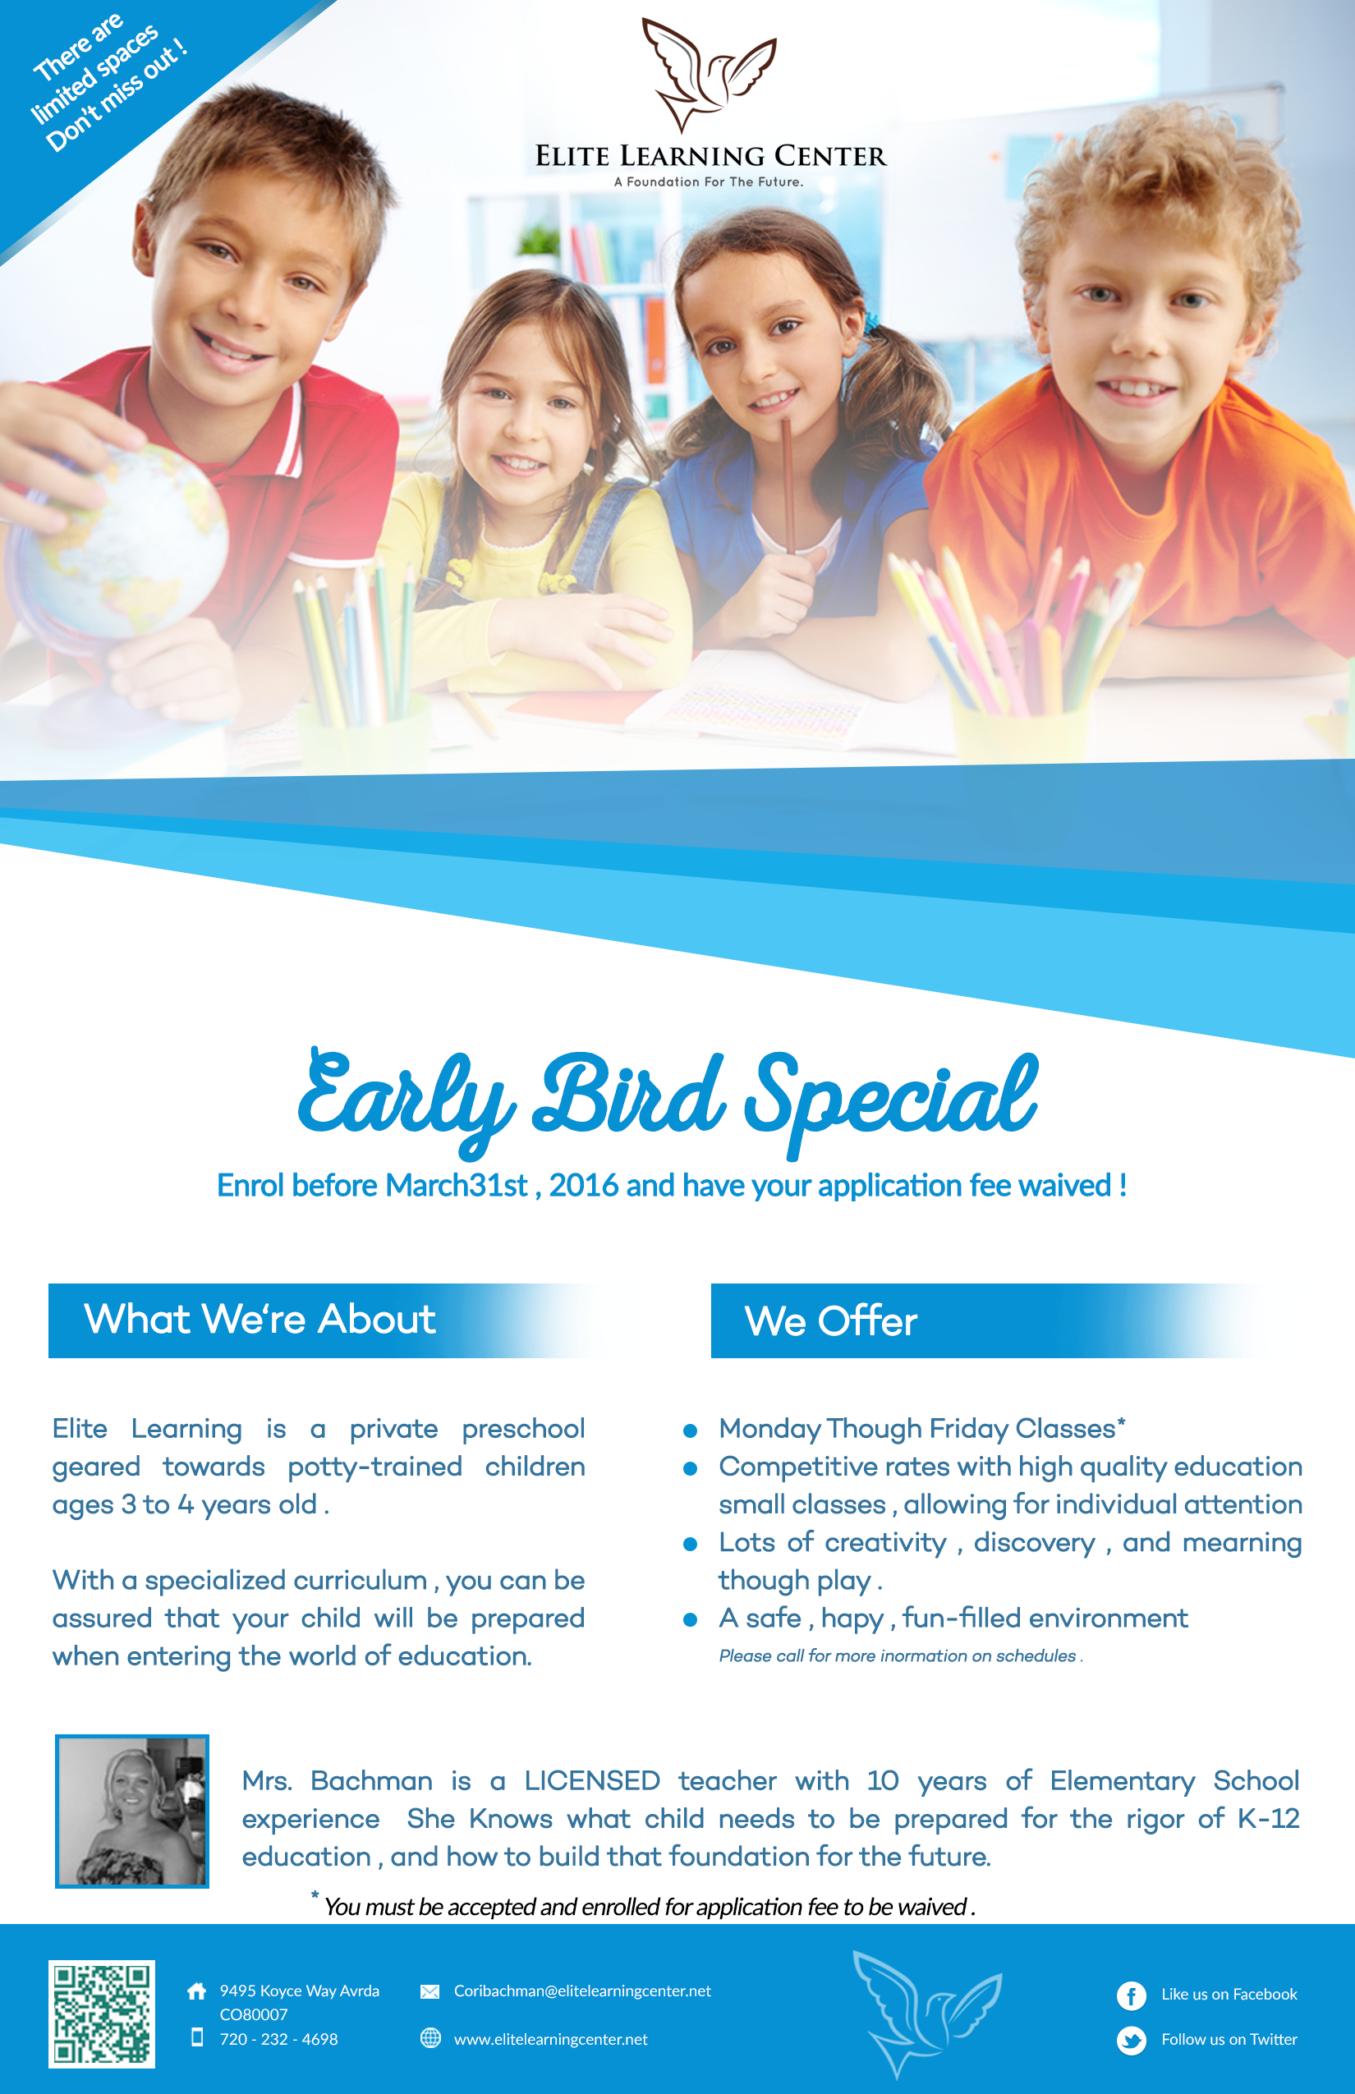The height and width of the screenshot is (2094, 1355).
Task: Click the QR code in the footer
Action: [101, 2013]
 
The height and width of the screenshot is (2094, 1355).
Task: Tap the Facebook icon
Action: [1131, 1995]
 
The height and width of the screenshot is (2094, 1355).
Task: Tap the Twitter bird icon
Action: [1131, 2040]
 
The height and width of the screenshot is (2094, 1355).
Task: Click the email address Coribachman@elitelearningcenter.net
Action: [581, 1991]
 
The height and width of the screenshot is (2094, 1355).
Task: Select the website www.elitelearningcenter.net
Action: [550, 2038]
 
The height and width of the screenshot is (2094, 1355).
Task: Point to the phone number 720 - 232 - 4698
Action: [278, 2038]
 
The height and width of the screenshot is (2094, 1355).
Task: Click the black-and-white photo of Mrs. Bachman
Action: [132, 1811]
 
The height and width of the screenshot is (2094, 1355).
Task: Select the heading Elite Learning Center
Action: [710, 156]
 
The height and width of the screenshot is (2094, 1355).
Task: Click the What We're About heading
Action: [260, 1319]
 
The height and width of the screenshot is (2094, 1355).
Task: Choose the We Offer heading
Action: [830, 1320]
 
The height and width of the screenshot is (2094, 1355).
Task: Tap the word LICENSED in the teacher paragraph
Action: [591, 1781]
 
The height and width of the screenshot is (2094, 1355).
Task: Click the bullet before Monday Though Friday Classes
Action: [691, 1430]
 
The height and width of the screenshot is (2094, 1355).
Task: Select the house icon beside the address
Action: [197, 1991]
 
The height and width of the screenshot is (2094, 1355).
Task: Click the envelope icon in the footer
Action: [429, 1991]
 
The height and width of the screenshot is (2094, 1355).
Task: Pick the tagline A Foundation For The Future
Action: [708, 182]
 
